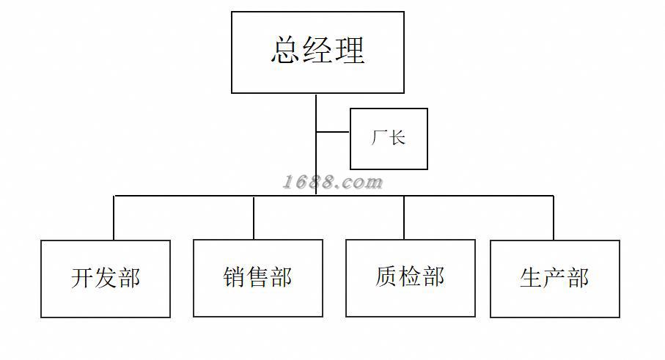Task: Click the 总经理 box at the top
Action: pos(317,52)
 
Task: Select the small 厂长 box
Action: pos(389,139)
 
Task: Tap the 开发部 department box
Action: pos(106,279)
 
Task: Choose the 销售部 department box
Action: pos(258,278)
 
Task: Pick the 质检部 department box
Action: pos(411,277)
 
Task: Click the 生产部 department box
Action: pos(554,279)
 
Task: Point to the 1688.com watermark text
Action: pos(333,182)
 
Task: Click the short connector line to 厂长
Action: pos(333,133)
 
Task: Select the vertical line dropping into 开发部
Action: pos(114,218)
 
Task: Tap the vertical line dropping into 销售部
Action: pos(254,217)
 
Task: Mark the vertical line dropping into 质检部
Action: pos(404,217)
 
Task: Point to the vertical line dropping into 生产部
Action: pos(554,218)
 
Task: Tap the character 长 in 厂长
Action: pos(397,138)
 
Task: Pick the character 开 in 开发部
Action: pos(82,279)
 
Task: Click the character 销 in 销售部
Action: pos(235,278)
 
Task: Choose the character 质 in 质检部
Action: pos(387,277)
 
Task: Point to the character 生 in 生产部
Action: pos(531,279)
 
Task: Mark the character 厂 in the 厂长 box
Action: pos(379,138)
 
